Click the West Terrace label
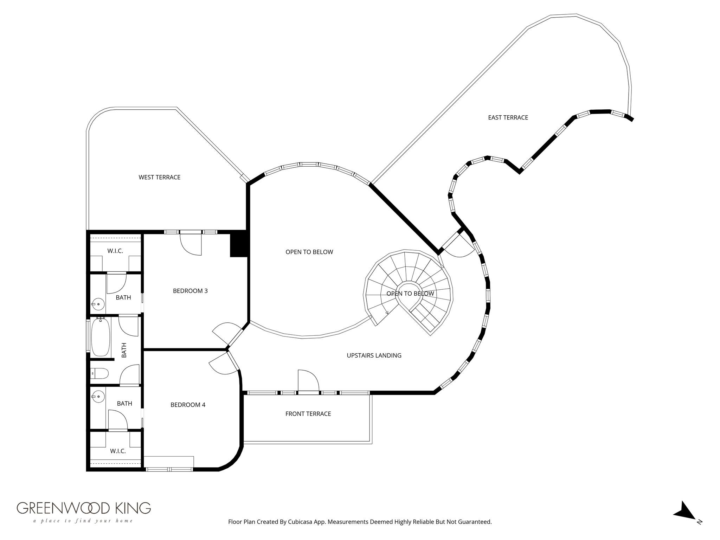point(159,177)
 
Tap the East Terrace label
point(508,117)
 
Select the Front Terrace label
point(308,414)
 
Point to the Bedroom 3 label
point(190,291)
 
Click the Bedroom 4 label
point(188,405)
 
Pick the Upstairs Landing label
point(374,355)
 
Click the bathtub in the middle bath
point(101,337)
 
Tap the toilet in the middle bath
point(99,373)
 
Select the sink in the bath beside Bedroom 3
point(98,304)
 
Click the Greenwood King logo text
point(84,508)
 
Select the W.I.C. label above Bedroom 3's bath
point(115,251)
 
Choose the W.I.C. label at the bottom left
point(118,451)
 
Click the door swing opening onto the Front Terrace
point(308,380)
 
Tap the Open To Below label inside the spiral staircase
point(410,294)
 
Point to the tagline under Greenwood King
point(83,521)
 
